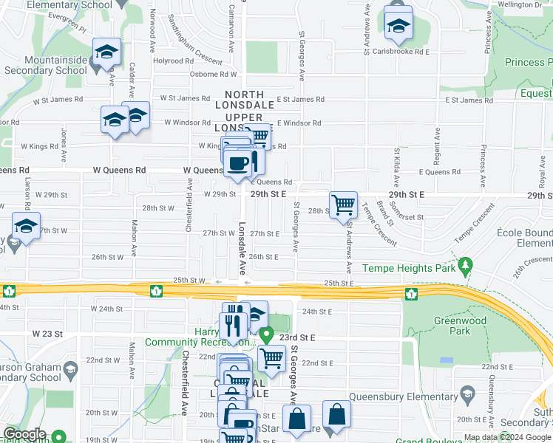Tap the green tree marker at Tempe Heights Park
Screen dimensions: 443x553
[465, 264]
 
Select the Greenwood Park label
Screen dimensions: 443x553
[472, 326]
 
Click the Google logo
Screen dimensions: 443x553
[24, 433]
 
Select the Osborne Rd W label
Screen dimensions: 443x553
[212, 74]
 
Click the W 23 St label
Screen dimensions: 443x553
[45, 334]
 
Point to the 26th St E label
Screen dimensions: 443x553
[263, 257]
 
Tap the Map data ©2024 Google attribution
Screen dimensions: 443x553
[507, 437]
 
